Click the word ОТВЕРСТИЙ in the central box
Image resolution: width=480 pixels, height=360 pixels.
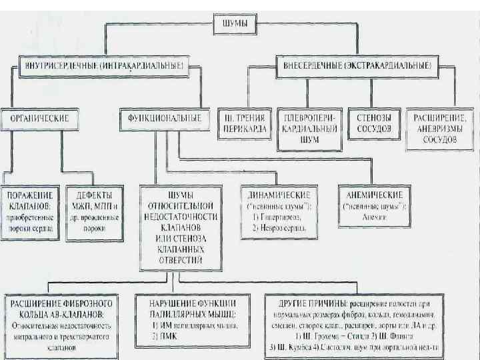coord(179,260)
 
